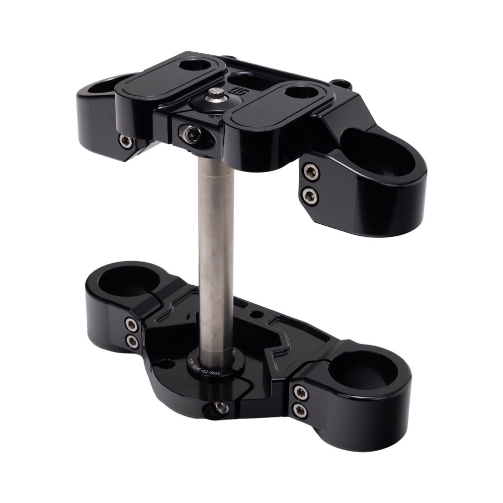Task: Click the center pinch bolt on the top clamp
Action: click(x=186, y=133)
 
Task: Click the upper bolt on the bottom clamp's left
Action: click(x=132, y=323)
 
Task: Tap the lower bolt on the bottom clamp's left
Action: click(x=133, y=342)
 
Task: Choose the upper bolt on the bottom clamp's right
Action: click(x=300, y=391)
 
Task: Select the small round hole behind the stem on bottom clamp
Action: click(x=258, y=315)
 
